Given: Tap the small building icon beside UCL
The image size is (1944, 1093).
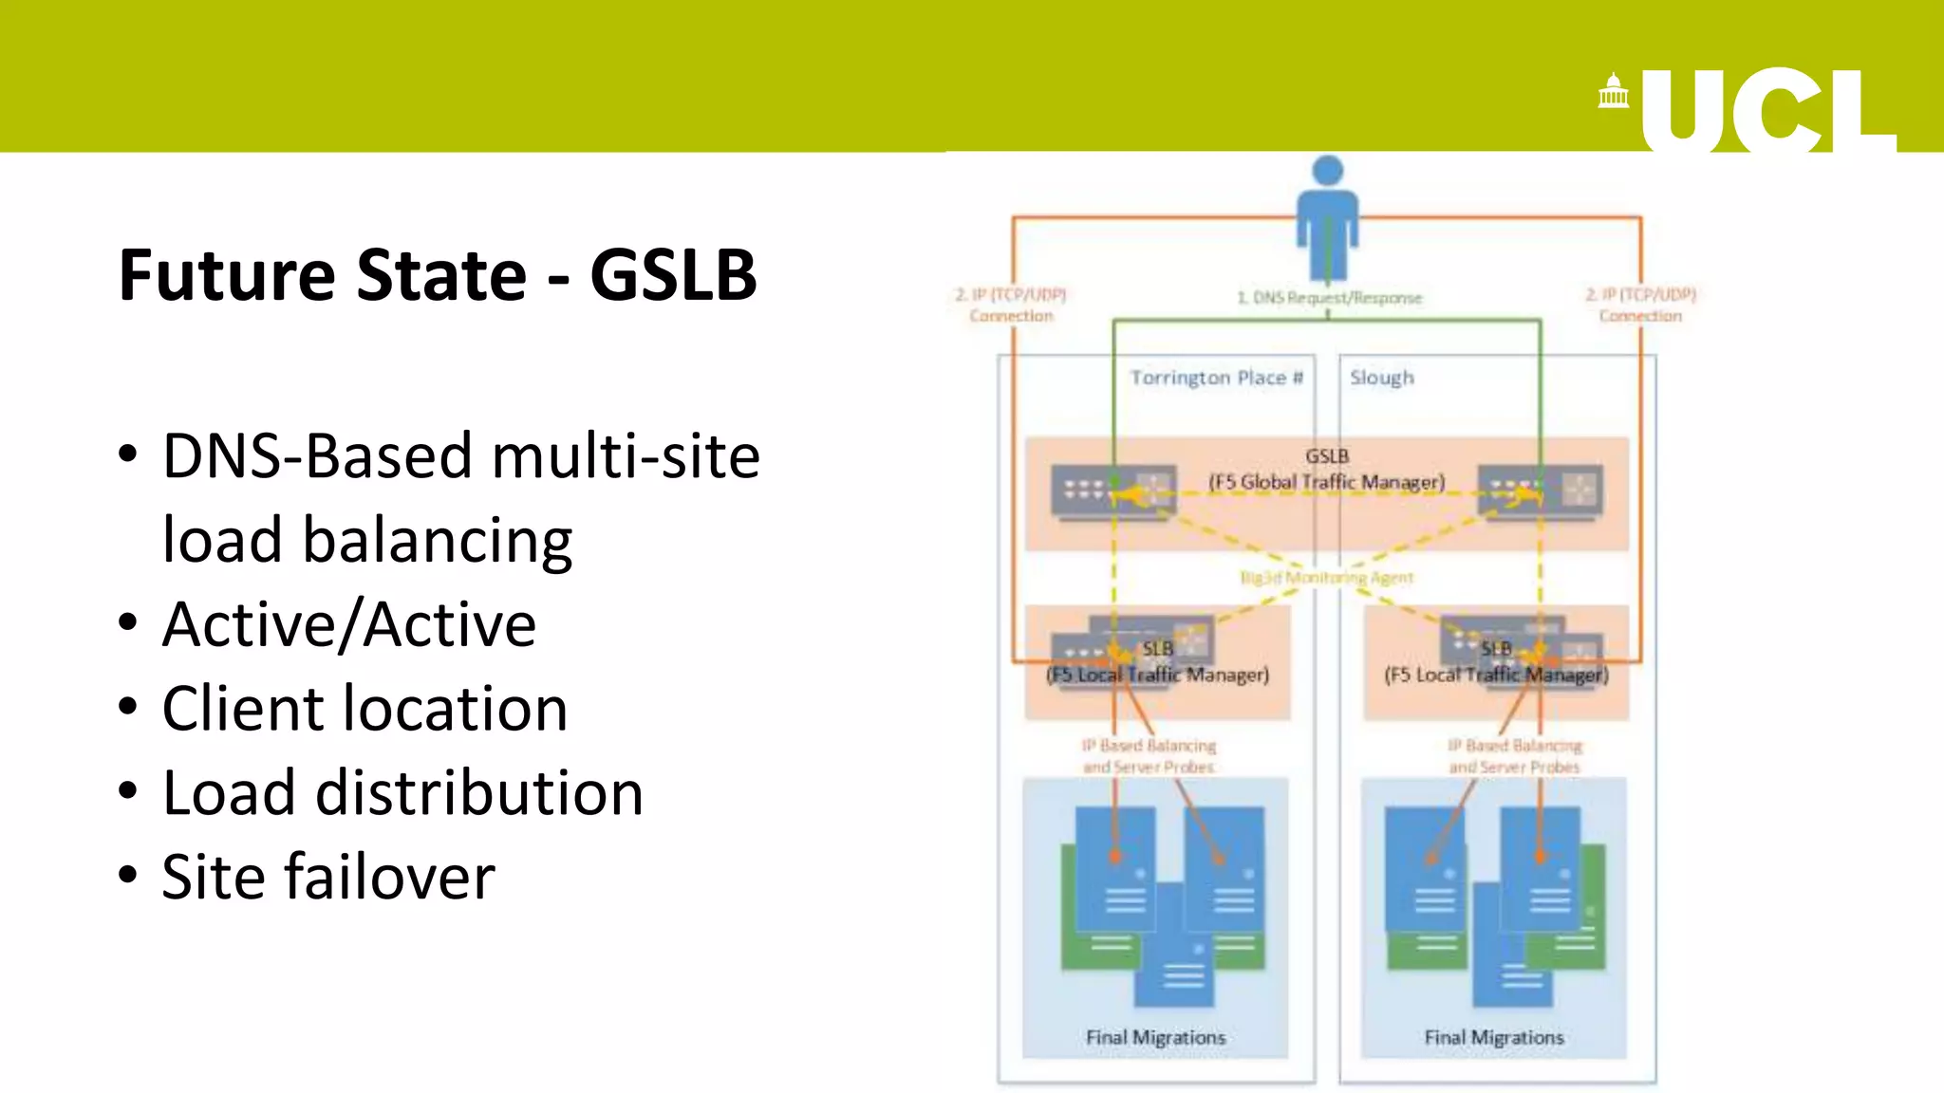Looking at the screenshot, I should [x=1613, y=92].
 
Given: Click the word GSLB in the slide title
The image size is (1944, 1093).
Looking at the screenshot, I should [x=673, y=275].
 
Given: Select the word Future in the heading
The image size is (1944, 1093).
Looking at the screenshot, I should [x=227, y=275].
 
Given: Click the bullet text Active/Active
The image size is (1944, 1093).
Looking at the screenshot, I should [x=349, y=624].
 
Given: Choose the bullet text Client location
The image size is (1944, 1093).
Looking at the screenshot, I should [x=364, y=709].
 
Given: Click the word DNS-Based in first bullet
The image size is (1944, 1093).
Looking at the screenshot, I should [x=318, y=456].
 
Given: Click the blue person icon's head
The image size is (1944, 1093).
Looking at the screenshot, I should [x=1327, y=171].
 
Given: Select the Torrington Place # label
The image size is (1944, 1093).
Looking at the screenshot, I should [x=1216, y=378].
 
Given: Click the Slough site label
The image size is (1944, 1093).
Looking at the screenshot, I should [x=1382, y=378].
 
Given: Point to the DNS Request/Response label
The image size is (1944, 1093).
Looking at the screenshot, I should [x=1329, y=298].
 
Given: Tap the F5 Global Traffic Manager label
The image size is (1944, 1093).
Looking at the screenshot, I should [x=1326, y=482].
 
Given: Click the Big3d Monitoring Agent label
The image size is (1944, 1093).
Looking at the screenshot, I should [x=1326, y=577].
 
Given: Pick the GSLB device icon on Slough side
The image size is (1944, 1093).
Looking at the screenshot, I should [x=1541, y=491].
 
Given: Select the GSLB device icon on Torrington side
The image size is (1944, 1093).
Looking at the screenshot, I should [x=1113, y=491].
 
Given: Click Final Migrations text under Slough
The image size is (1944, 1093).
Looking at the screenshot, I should [x=1493, y=1037].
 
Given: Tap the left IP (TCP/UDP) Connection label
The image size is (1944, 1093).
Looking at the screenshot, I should [x=1011, y=305].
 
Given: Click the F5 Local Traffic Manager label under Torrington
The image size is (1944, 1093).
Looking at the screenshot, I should [x=1157, y=675].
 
